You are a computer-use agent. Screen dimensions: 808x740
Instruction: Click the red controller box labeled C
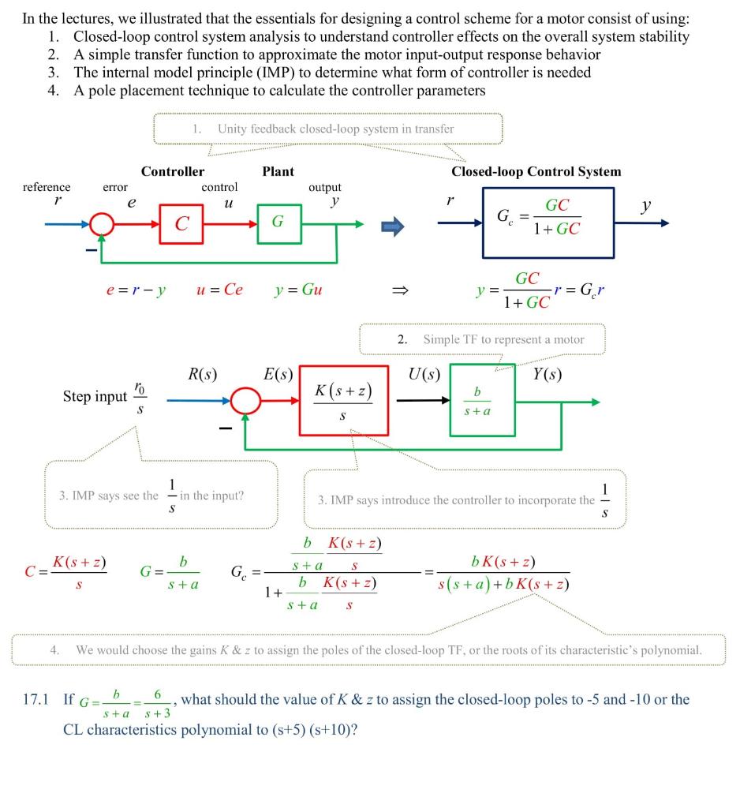(182, 223)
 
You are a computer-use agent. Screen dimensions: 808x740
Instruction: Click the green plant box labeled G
(278, 223)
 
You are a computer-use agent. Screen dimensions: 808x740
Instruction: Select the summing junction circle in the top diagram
(103, 224)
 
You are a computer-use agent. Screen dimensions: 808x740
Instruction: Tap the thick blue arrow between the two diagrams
(392, 226)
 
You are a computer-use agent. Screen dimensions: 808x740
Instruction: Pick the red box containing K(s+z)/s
(343, 400)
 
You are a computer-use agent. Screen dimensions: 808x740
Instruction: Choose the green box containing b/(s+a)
(477, 400)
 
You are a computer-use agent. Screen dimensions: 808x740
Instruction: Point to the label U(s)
(424, 375)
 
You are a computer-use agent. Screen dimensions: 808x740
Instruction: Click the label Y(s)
(548, 375)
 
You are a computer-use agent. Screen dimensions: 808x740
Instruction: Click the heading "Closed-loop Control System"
(536, 171)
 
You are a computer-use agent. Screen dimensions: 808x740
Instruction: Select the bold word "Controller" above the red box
(173, 171)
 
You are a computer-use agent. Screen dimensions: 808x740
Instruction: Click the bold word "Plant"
(278, 171)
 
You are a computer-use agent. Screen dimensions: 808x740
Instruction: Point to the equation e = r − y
(136, 290)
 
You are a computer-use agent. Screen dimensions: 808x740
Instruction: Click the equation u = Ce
(220, 290)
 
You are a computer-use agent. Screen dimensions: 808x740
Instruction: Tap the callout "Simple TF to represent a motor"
(503, 339)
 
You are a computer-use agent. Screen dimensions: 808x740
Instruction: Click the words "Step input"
(95, 396)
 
